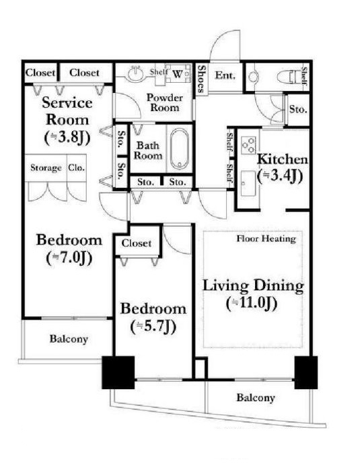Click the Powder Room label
(165, 102)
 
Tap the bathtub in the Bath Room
(180, 149)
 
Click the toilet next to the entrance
(292, 77)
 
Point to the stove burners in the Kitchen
(248, 145)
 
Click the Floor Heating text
(266, 238)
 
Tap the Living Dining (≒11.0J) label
(253, 294)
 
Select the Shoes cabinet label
(201, 79)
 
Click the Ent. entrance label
(225, 75)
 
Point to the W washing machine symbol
(178, 73)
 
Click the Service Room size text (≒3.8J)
(67, 138)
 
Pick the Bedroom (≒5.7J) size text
(153, 327)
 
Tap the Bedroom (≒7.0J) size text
(69, 258)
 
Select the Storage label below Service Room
(46, 168)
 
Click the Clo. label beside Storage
(77, 167)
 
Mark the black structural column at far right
(306, 372)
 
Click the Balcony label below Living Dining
(256, 397)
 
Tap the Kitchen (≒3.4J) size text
(280, 176)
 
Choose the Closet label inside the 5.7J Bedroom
(136, 243)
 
